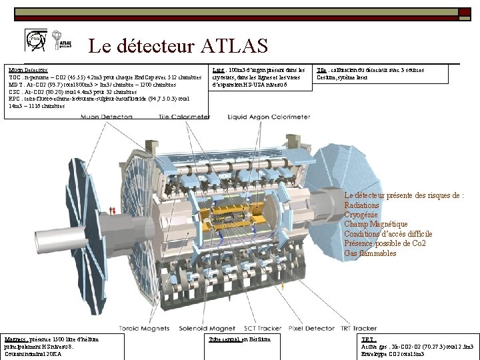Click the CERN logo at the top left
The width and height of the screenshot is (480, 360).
[34, 39]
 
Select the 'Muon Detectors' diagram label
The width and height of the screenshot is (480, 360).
[107, 117]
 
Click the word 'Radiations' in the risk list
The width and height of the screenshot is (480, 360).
[362, 205]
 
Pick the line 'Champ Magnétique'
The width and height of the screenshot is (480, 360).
[376, 224]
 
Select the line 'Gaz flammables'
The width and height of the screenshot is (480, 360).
[370, 253]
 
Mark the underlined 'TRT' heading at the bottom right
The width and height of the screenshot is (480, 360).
[367, 339]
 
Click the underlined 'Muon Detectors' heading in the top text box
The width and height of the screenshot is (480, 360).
[28, 69]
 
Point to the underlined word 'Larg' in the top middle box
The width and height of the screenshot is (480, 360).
[217, 69]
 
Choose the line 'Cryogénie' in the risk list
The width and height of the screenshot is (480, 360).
[361, 215]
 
